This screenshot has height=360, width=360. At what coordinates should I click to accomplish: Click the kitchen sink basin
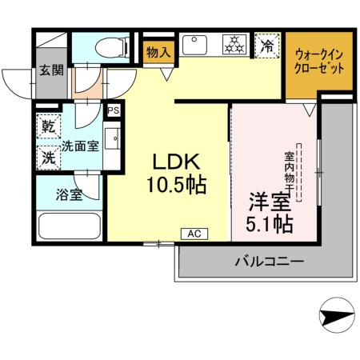click(194, 46)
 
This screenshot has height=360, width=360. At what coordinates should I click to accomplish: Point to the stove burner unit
click(235, 46)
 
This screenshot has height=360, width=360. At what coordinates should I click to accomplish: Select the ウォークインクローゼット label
click(320, 62)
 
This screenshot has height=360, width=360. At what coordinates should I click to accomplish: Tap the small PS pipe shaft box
click(113, 110)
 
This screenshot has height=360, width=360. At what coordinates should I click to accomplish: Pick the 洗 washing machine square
click(48, 157)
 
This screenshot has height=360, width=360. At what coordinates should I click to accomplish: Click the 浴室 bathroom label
click(68, 194)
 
